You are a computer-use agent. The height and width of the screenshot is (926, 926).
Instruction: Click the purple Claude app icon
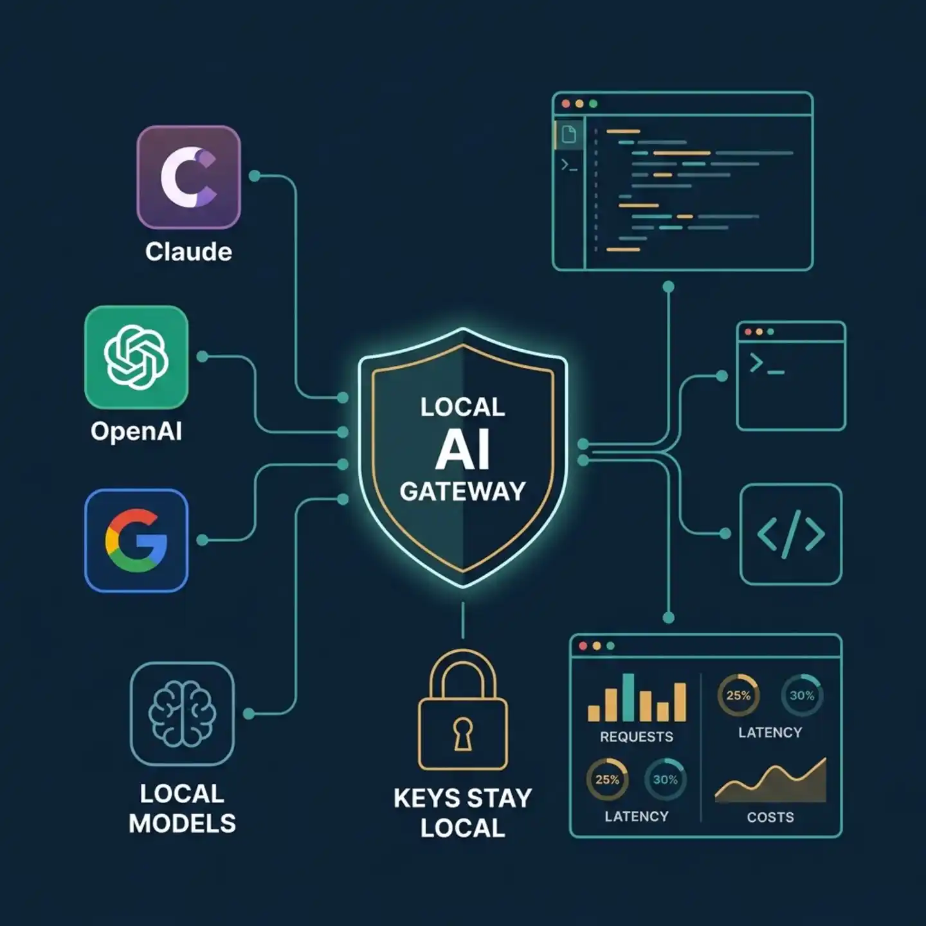(188, 177)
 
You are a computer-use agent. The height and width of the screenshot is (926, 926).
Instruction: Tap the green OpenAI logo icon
(136, 357)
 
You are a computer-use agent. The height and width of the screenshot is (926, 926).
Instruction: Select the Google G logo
(136, 541)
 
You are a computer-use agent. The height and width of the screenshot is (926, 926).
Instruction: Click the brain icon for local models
(182, 714)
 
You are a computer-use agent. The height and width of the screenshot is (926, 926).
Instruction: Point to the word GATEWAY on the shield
(463, 491)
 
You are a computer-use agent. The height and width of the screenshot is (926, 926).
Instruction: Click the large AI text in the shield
(463, 449)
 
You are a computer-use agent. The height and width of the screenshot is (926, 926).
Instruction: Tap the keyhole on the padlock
(463, 734)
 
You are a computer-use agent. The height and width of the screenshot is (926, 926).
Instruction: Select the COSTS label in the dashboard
(770, 817)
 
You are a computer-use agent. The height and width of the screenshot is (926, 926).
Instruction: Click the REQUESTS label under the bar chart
(637, 736)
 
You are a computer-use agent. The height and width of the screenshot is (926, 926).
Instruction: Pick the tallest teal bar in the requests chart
(628, 697)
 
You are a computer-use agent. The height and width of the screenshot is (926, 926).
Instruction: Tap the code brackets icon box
(791, 534)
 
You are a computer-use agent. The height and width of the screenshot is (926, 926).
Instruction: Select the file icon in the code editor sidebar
(569, 134)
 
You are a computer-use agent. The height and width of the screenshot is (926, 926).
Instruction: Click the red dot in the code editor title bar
(566, 104)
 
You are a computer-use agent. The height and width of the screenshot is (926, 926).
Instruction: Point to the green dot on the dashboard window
(610, 646)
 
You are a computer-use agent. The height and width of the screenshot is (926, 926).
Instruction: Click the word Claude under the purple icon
(188, 251)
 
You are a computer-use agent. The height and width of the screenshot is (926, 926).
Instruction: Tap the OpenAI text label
(136, 431)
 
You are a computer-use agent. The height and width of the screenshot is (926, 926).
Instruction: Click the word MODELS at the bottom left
(182, 823)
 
